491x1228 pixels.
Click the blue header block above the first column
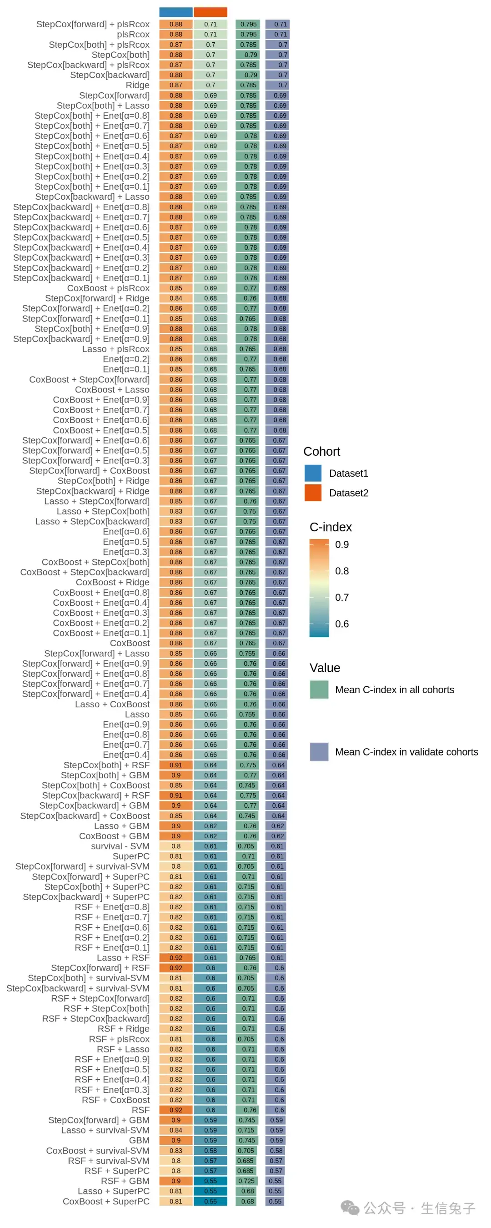(x=175, y=12)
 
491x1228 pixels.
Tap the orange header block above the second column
(x=210, y=12)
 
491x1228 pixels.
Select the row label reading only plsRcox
(x=133, y=34)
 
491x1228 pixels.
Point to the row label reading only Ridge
(x=137, y=86)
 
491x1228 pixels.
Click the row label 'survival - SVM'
(x=120, y=846)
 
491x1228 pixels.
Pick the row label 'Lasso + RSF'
(x=123, y=958)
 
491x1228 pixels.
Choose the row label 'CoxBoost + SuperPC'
(x=106, y=1201)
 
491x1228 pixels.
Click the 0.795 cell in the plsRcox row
(x=248, y=34)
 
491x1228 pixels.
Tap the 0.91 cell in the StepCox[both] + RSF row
(x=175, y=765)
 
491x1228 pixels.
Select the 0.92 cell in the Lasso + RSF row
(x=175, y=958)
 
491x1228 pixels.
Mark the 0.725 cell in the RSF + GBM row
(x=246, y=1181)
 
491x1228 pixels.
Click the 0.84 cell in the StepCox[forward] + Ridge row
(x=175, y=298)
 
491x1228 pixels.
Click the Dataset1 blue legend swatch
(x=313, y=473)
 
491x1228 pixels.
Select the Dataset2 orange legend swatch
(x=313, y=493)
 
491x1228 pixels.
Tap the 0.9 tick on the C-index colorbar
(x=342, y=544)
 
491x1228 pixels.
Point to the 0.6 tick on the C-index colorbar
(x=342, y=624)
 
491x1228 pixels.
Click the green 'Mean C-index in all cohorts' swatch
(x=319, y=689)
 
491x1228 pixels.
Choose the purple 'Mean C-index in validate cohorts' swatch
(x=319, y=752)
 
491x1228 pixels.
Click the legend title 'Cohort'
(x=322, y=452)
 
